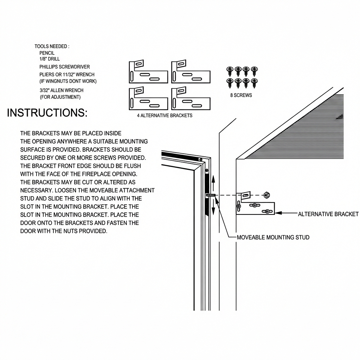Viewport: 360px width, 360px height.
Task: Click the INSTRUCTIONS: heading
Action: [x=47, y=113]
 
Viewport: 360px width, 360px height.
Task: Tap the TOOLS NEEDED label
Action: [x=52, y=46]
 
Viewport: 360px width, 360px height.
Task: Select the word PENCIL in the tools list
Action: [x=47, y=53]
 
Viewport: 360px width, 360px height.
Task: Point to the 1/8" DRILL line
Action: [x=50, y=59]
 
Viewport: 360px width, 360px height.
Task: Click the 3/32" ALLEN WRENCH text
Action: [x=62, y=90]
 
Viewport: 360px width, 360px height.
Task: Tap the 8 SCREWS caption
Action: [x=241, y=95]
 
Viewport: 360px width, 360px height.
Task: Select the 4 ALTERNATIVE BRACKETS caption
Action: [x=165, y=115]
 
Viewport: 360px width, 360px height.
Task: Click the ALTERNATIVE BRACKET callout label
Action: [x=328, y=214]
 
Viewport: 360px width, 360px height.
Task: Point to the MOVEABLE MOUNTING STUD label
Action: [x=273, y=237]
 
